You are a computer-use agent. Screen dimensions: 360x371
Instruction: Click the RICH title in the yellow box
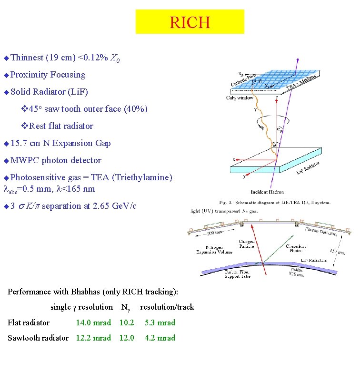(x=190, y=22)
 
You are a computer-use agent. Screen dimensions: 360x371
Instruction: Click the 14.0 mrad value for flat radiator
(x=93, y=322)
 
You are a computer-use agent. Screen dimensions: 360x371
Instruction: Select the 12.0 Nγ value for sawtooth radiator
(x=127, y=338)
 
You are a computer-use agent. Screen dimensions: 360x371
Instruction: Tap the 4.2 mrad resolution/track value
(x=160, y=338)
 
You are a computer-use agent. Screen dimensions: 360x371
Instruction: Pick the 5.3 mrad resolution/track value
(x=160, y=322)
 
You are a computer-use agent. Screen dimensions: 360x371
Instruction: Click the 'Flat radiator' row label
(x=29, y=322)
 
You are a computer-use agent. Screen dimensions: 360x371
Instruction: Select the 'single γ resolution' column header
(x=81, y=307)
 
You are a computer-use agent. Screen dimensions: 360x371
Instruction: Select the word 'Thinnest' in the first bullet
(x=27, y=58)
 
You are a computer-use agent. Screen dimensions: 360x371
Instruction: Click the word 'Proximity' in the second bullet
(x=29, y=75)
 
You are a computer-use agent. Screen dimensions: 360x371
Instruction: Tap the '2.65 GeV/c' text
(x=110, y=206)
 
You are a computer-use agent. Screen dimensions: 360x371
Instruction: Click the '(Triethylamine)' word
(x=142, y=177)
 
